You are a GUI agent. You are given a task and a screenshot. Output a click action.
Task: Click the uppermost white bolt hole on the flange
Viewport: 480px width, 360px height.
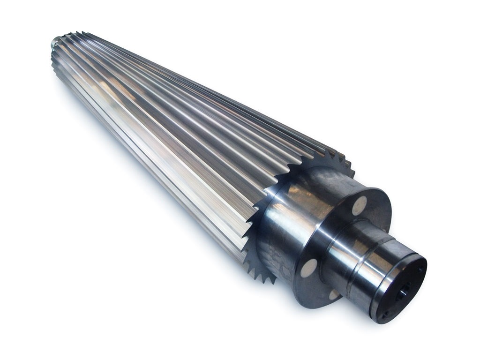pyautogui.click(x=360, y=205)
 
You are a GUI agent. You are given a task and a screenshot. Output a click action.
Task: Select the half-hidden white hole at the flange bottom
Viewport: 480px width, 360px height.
pyautogui.click(x=334, y=295)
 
